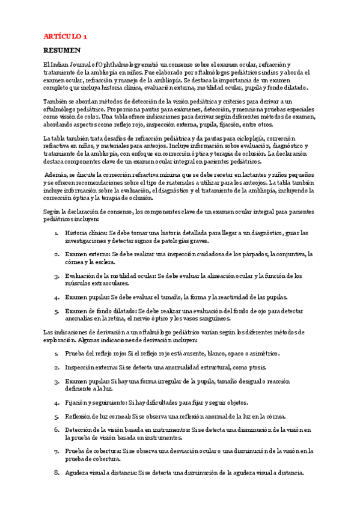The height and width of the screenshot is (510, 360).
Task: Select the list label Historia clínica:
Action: pos(88,232)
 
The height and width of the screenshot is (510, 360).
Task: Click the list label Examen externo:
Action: pos(87,254)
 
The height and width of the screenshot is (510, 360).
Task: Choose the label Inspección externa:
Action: pos(93,367)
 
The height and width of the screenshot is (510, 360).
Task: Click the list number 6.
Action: pos(56,430)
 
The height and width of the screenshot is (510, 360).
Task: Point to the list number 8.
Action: pos(56,473)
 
